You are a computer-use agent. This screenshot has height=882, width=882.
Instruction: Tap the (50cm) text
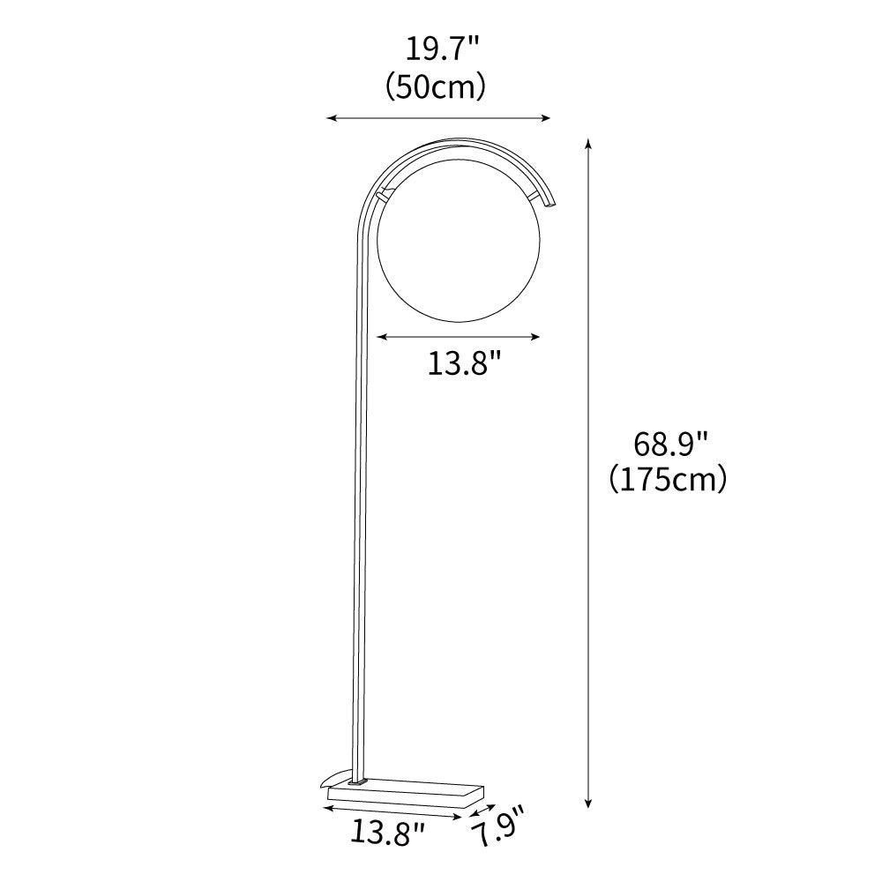point(437,86)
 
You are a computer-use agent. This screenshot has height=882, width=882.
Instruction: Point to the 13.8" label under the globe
point(465,363)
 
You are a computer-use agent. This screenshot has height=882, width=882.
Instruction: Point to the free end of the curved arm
point(551,203)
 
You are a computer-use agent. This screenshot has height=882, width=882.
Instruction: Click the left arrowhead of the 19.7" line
point(331,117)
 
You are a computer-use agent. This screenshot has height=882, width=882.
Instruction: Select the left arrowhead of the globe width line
point(380,335)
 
